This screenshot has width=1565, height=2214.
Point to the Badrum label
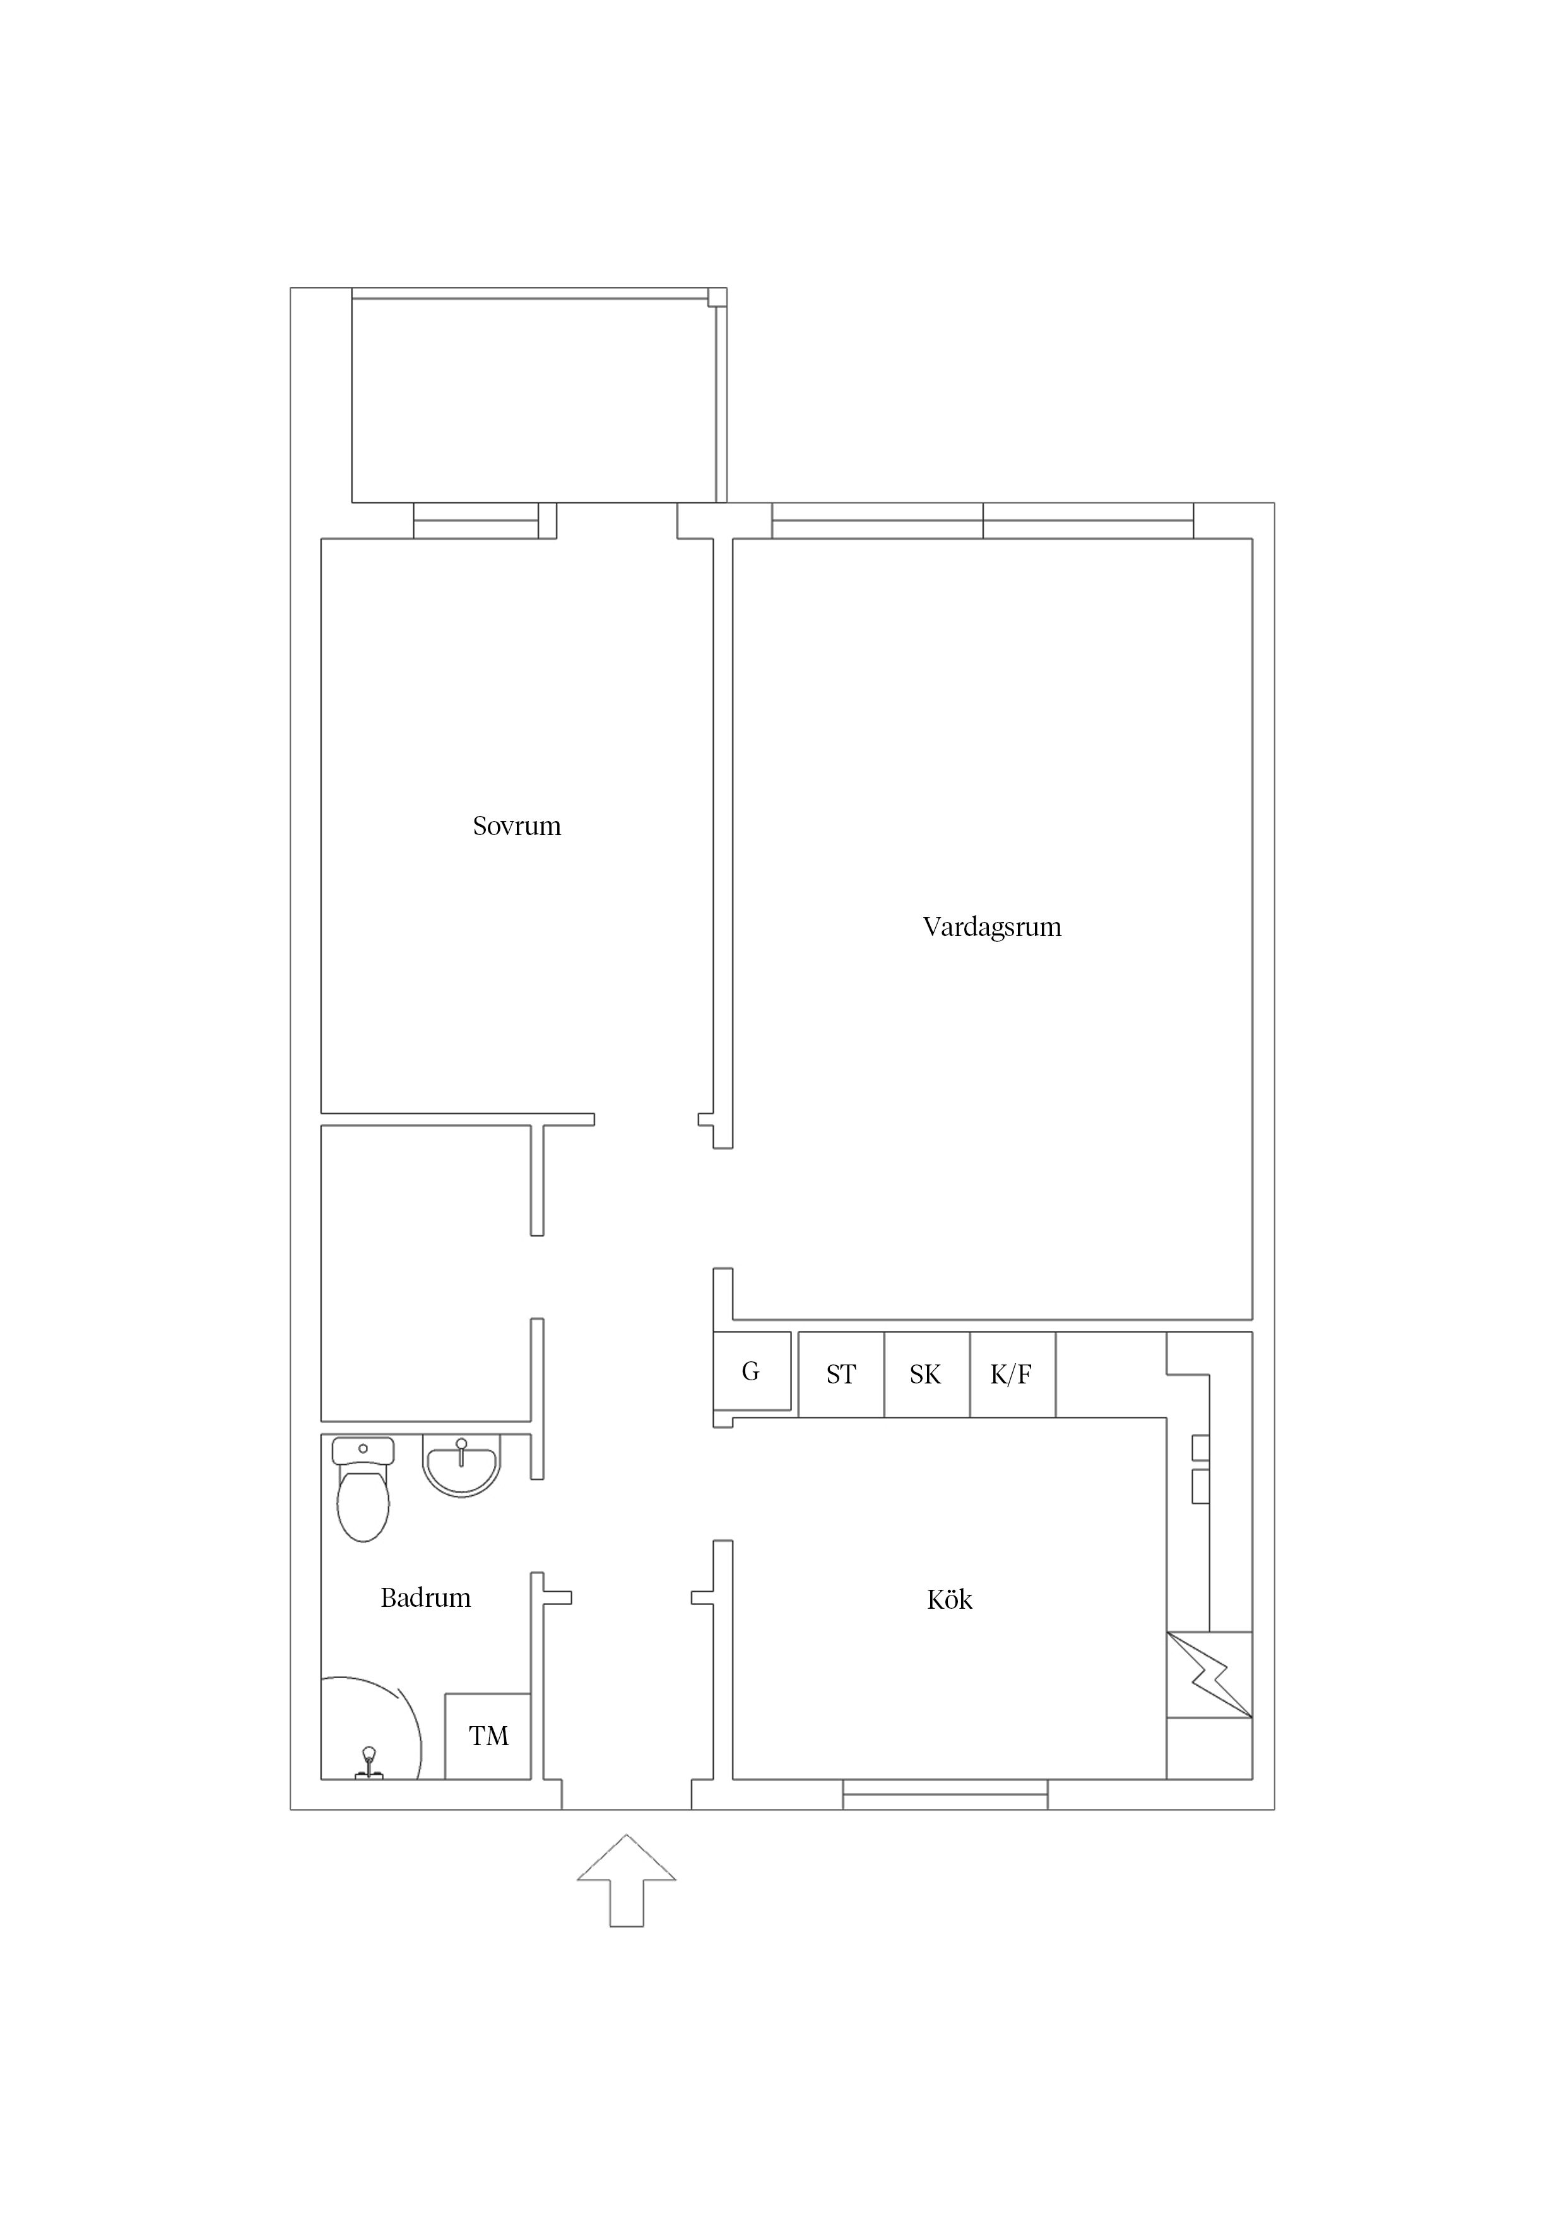coord(425,1598)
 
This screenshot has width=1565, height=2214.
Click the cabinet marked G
coord(751,1371)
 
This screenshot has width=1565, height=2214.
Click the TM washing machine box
coord(487,1736)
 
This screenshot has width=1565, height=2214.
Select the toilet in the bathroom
coord(363,1490)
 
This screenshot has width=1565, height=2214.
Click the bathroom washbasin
coord(461,1465)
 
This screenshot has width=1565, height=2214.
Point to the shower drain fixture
coord(369,1763)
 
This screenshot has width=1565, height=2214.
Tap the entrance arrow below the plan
coord(627,1880)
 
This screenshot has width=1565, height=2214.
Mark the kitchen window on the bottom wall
coord(945,1794)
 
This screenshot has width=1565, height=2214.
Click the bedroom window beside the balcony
coord(476,521)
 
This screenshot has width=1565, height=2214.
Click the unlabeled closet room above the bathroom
coord(425,1273)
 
